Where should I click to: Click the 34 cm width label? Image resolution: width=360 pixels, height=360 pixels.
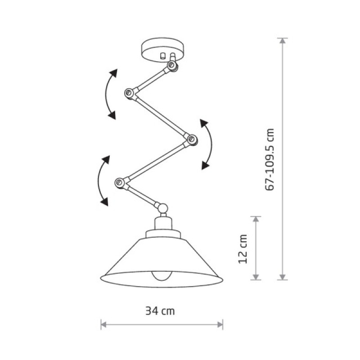click(x=160, y=311)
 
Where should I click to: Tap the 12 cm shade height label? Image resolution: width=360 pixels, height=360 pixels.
click(x=243, y=249)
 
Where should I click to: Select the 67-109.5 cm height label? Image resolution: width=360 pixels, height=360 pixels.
click(x=270, y=160)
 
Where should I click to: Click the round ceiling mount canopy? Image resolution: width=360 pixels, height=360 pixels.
click(x=163, y=49)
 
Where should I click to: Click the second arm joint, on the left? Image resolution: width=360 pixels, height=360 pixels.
click(x=129, y=93)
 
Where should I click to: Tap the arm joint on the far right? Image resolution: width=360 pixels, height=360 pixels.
click(x=191, y=139)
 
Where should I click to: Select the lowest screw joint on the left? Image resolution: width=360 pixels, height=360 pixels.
click(x=119, y=183)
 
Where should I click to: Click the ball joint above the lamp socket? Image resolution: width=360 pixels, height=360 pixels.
click(x=163, y=208)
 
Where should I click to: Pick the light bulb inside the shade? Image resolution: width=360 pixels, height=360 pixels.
click(x=162, y=276)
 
